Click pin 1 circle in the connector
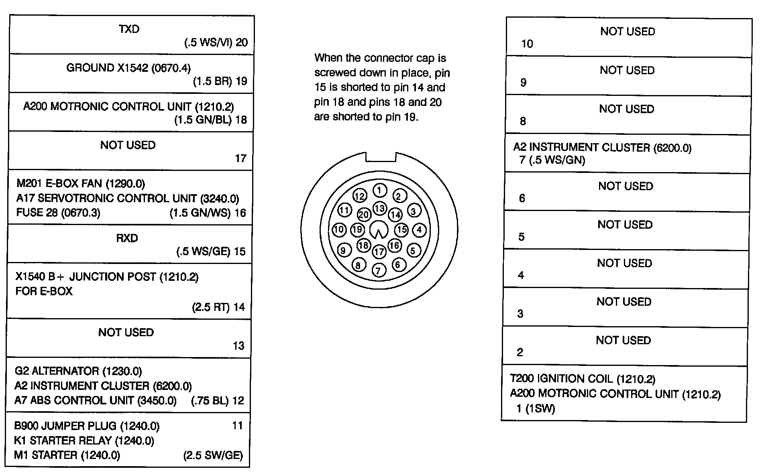[380, 190]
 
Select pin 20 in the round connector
[364, 215]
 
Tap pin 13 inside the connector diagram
[380, 208]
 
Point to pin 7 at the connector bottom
[379, 270]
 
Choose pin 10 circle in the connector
[339, 229]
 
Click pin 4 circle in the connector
[420, 230]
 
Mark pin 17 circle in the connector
[379, 252]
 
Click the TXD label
[129, 29]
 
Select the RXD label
[127, 238]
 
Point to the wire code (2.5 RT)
[210, 307]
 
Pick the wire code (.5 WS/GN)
[557, 160]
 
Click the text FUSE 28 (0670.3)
[58, 213]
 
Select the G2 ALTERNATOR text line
[78, 371]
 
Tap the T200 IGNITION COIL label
[583, 379]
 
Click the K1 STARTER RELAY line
[84, 440]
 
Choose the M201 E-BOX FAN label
[81, 184]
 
